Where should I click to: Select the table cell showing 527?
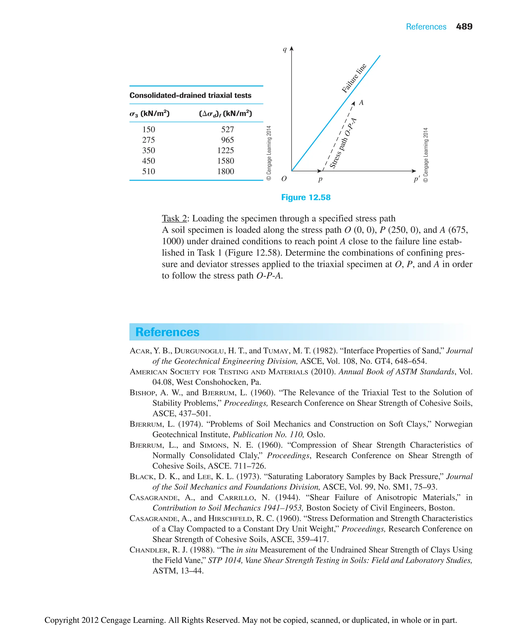point(227,129)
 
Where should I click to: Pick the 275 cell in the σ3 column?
point(148,140)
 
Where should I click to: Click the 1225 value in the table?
point(225,150)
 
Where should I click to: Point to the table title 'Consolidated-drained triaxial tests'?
point(190,96)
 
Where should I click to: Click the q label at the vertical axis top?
point(284,49)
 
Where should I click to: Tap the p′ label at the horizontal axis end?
point(416,179)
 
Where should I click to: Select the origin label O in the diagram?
point(284,179)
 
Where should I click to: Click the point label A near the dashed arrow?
point(361,103)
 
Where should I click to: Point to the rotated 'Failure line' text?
point(354,78)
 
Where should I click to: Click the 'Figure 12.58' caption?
point(306,198)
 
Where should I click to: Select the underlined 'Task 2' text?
point(174,218)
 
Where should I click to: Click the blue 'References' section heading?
point(167,332)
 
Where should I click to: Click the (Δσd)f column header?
point(225,114)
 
